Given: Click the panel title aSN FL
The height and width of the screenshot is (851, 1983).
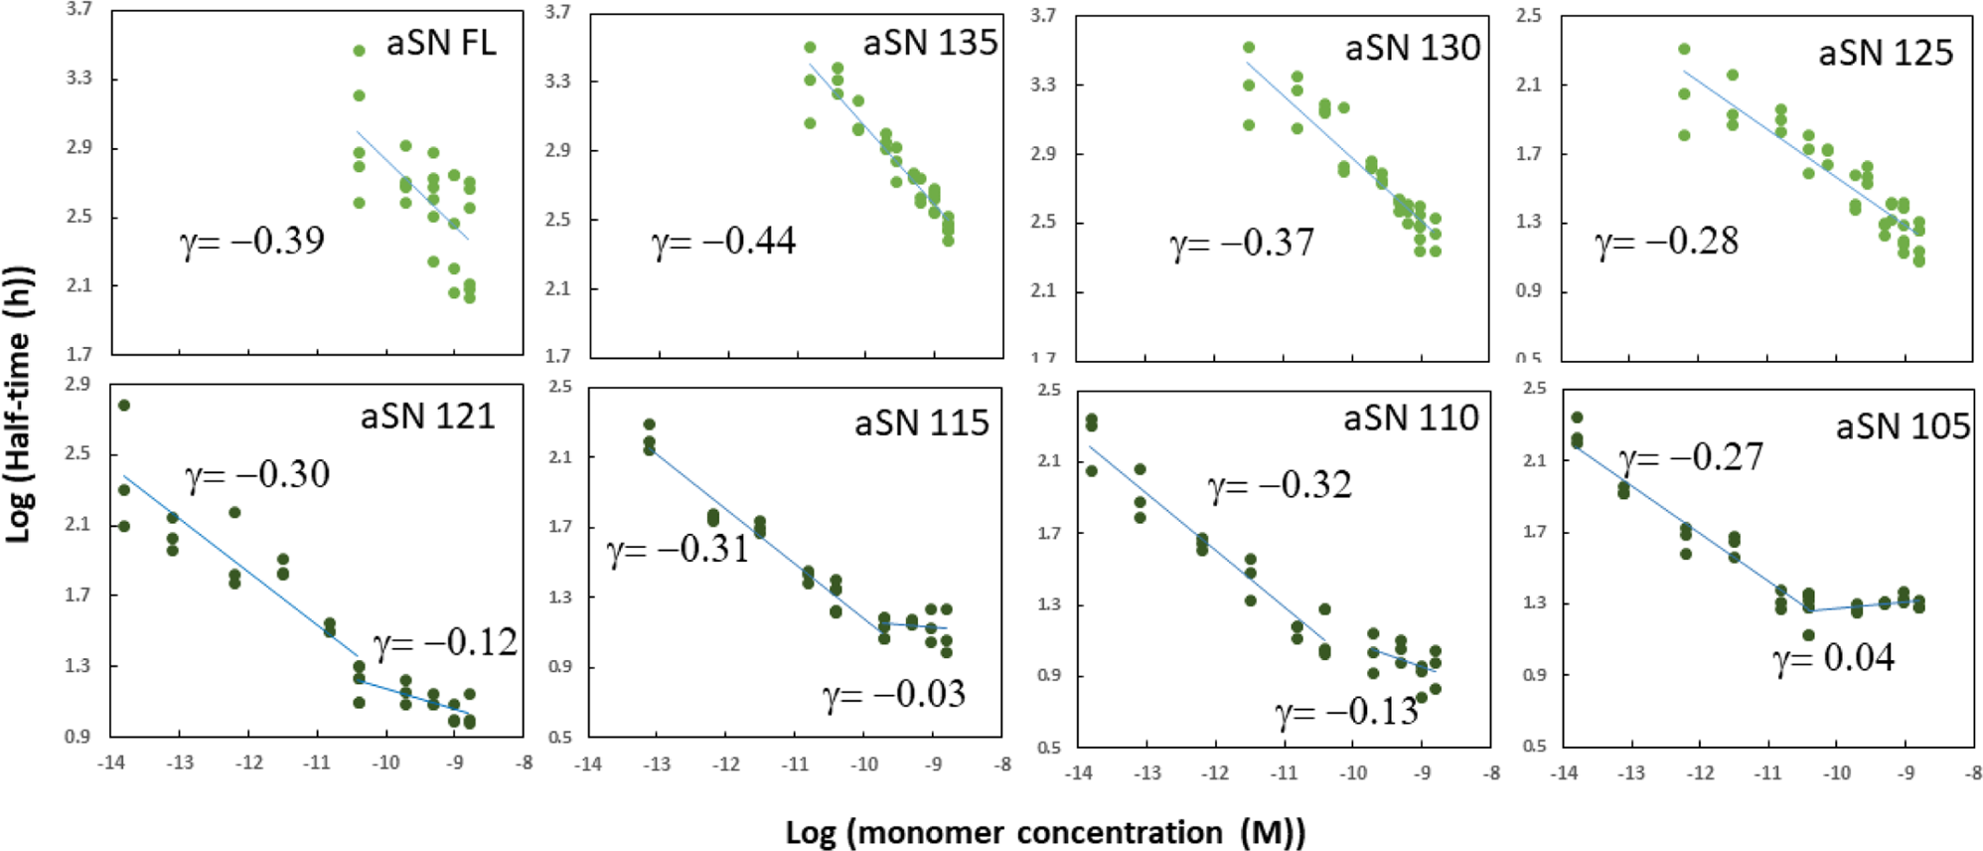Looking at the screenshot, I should point(440,43).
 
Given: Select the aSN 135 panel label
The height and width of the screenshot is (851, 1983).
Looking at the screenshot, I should point(929,43).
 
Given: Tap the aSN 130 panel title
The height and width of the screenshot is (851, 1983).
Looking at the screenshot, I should point(1412,48).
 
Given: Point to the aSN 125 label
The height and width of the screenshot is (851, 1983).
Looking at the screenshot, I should point(1885,53).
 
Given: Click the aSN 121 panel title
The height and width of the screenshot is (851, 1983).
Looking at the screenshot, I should point(427,416).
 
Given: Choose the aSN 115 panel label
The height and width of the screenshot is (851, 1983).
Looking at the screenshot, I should point(921,423).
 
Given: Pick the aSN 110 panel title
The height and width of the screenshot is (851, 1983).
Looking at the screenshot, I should point(1410,418).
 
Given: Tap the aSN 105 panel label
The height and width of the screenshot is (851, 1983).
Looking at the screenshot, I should point(1902,425).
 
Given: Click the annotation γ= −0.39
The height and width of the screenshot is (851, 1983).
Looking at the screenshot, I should point(252,241).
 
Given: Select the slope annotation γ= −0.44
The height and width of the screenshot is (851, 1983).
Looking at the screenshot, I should point(723,241).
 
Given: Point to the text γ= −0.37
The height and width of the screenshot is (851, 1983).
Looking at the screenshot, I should point(1241,242).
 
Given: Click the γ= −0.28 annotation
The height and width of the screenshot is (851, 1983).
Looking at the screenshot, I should point(1666,241).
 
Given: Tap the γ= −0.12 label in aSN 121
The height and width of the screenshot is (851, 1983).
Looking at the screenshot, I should point(445,642).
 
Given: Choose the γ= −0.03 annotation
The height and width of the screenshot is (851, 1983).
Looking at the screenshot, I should point(893,694).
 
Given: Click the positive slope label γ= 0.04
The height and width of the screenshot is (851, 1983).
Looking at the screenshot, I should point(1834,658).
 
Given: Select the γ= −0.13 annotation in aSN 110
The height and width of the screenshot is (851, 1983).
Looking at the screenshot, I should point(1346,711).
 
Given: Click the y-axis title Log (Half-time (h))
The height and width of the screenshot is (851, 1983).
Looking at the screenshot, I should point(19,404).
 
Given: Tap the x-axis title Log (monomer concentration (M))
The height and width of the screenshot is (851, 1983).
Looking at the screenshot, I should point(1044,832).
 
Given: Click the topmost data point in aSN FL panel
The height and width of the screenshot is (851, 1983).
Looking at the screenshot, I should point(359,51).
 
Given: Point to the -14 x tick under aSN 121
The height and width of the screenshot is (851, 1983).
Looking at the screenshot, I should point(110,763).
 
